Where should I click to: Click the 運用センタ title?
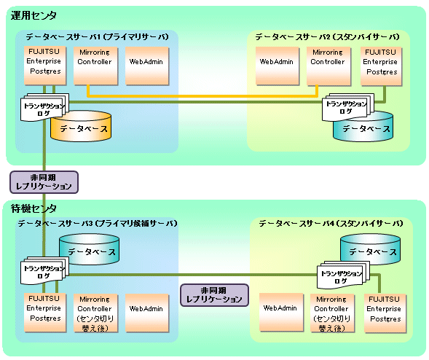34,15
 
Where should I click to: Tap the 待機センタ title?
34,208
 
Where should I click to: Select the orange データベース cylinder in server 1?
82,127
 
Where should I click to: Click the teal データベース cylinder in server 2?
363,128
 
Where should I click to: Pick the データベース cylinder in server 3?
89,249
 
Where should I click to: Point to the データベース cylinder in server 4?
371,249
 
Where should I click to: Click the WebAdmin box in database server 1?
147,66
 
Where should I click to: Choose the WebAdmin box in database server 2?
278,66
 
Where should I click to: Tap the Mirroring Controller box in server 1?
95,66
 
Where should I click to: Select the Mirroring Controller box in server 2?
328,66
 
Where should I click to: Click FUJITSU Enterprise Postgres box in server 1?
45,66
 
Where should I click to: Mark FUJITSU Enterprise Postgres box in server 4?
385,313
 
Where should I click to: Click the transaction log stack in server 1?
44,107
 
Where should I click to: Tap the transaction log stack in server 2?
347,107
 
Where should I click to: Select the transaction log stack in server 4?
343,275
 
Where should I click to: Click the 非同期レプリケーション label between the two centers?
44,182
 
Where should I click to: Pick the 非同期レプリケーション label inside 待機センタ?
214,295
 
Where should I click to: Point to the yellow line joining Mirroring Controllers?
202,96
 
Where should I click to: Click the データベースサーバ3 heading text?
98,224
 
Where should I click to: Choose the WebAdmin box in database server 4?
281,313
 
